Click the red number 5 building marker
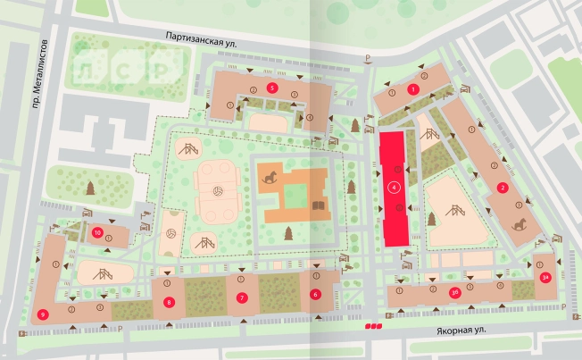point(270,86)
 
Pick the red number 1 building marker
point(412,89)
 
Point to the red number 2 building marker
point(503,188)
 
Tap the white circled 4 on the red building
point(394,188)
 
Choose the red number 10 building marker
point(98,233)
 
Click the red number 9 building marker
point(43,314)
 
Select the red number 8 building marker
point(169,302)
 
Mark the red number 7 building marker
point(241,297)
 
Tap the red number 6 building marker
point(314,293)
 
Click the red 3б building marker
point(454,291)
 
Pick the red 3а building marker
point(545,278)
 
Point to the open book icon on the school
point(316,206)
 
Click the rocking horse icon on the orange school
point(270,177)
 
